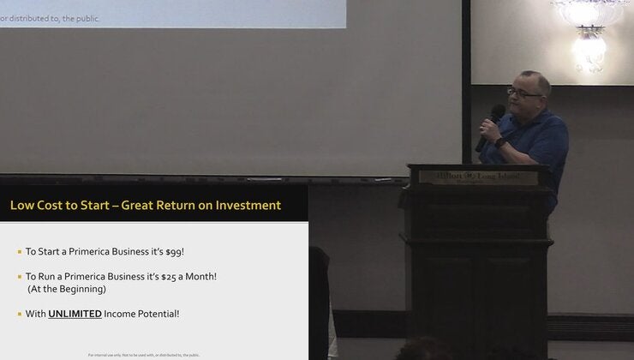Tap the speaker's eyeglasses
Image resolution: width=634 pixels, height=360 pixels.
523,93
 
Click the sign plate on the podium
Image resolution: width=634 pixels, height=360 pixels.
478,177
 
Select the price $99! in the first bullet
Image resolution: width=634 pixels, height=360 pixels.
174,252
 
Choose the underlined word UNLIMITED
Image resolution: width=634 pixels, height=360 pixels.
75,314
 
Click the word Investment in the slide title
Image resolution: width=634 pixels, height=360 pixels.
244,206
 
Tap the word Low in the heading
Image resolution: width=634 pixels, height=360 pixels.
21,206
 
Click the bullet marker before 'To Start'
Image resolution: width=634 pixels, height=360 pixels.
19,252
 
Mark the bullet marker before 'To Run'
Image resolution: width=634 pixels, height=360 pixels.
19,276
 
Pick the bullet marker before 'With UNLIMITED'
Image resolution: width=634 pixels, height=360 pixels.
19,314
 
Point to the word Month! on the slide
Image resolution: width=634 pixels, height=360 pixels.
199,276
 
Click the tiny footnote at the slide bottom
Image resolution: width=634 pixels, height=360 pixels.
144,354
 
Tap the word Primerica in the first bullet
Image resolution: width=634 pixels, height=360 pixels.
95,252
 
